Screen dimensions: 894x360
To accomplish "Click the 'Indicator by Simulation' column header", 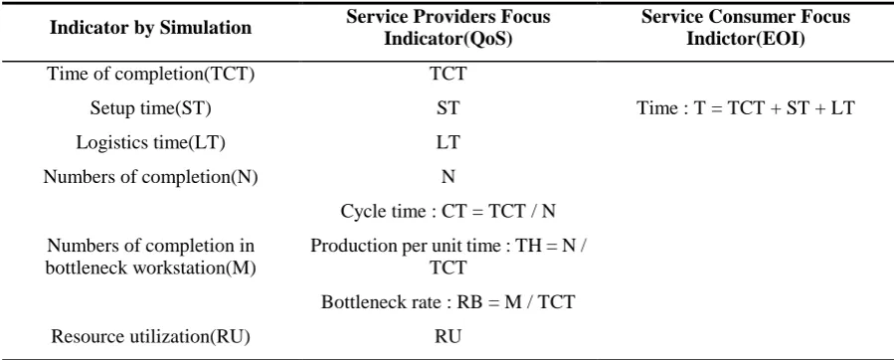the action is [150, 28].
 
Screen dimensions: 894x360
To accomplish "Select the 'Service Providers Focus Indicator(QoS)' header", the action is [448, 28].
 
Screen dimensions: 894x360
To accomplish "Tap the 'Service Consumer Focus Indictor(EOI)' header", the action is [745, 28].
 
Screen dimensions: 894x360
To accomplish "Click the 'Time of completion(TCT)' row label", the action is [150, 75].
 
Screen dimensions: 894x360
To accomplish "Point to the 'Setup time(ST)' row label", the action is [150, 108].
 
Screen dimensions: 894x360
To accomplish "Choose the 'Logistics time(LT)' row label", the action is [150, 142].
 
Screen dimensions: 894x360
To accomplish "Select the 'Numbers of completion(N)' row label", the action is [150, 177].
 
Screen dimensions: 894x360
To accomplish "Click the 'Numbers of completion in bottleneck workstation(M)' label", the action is [150, 257].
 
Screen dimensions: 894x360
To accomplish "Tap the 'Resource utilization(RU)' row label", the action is [150, 336].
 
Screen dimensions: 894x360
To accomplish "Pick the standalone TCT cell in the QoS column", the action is [448, 75].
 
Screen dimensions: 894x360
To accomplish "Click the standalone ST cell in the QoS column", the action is [448, 108].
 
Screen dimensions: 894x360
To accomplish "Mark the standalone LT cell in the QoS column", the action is [448, 142].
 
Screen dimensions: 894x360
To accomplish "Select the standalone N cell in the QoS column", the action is [448, 177].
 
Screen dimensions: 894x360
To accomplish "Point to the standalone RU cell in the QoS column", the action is [448, 336].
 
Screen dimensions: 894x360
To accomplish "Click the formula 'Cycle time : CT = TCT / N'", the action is [448, 211].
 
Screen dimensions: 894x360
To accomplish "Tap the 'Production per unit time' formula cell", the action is [448, 257].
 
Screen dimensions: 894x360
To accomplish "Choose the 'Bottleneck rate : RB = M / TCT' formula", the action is [448, 302].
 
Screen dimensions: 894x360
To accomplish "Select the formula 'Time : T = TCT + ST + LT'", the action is [745, 108].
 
